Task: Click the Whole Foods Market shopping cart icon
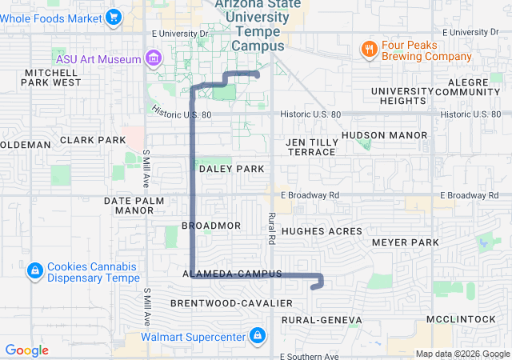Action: [113, 16]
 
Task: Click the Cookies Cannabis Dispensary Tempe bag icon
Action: [34, 271]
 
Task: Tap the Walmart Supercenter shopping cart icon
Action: [258, 335]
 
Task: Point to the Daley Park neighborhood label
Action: [231, 169]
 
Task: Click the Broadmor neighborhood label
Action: [211, 226]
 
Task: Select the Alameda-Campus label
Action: [232, 274]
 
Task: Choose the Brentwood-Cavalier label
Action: [231, 303]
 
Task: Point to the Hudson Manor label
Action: [384, 135]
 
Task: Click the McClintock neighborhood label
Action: [461, 318]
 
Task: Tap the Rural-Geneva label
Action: [321, 320]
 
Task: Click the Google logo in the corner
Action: [27, 350]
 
